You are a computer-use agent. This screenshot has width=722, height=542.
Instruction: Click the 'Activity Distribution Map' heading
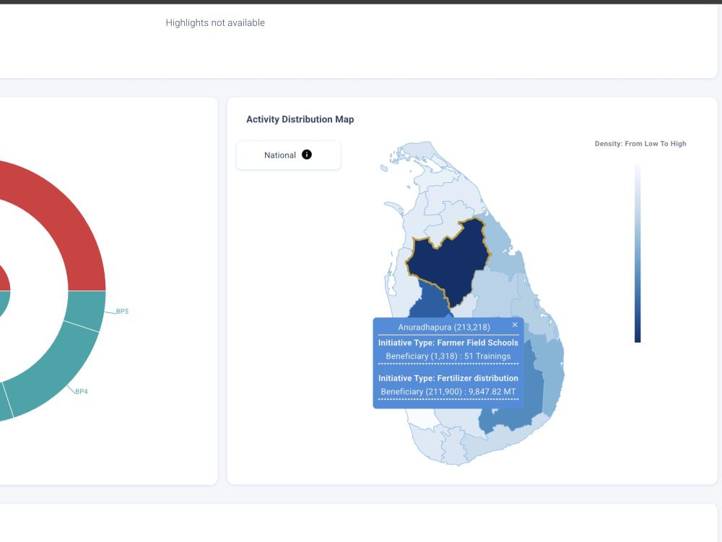(300, 119)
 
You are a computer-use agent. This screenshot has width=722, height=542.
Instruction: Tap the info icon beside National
(307, 155)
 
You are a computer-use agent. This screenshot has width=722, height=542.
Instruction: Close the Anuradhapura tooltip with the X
(515, 325)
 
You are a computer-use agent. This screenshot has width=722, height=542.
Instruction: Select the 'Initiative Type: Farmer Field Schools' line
(448, 343)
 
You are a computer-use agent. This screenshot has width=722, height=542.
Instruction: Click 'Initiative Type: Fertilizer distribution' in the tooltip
(448, 379)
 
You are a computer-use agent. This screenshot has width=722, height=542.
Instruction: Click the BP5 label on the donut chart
(122, 311)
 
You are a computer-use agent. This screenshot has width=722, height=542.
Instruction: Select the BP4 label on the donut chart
(82, 391)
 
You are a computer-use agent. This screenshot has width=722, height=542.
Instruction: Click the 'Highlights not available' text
(215, 23)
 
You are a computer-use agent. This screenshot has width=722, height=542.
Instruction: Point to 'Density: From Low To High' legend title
(640, 144)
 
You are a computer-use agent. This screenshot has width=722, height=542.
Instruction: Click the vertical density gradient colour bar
(638, 253)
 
